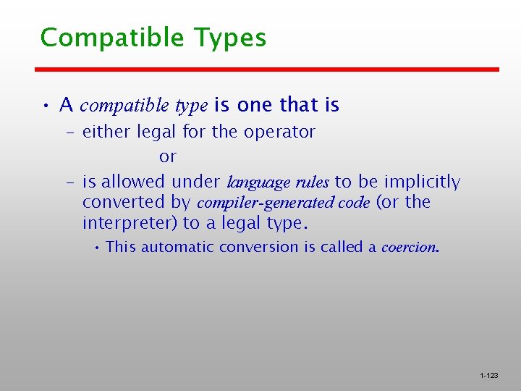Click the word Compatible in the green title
113,38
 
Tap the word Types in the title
230,38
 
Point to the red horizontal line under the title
268,70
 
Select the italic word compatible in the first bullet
125,106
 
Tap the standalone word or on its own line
168,156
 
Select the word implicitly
422,181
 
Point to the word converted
117,202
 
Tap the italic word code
355,202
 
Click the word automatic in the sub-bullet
182,247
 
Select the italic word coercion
410,247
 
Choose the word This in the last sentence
121,247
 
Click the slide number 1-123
488,376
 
